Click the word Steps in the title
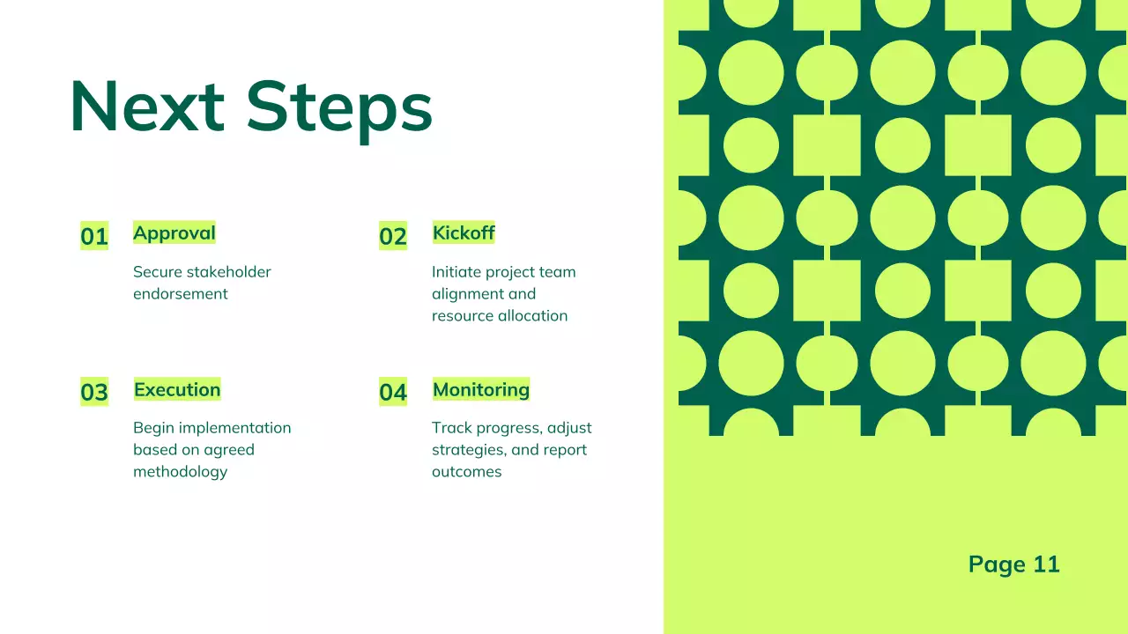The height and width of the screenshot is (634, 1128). tap(339, 108)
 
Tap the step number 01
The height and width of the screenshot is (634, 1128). tap(94, 236)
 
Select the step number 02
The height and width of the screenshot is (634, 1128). tap(393, 236)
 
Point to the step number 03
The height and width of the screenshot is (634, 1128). tap(94, 392)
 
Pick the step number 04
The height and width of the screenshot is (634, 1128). tap(393, 392)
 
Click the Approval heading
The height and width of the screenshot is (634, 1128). tap(174, 233)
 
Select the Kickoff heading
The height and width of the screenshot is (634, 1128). tap(464, 233)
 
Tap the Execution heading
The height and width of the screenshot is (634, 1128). tap(177, 389)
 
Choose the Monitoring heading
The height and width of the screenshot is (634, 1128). tap(481, 389)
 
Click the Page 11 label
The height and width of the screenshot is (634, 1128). tap(1013, 564)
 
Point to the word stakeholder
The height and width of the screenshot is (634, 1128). tap(228, 272)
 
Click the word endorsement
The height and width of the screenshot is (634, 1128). tap(181, 294)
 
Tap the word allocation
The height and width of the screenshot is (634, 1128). tap(535, 316)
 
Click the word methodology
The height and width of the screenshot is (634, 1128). tap(181, 472)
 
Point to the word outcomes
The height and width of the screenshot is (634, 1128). tap(466, 472)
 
